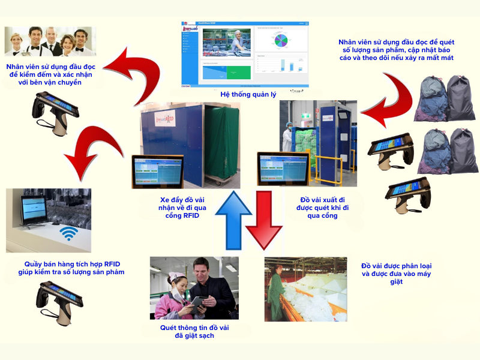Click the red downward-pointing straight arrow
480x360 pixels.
pyautogui.click(x=264, y=220)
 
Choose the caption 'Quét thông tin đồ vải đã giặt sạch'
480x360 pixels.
pyautogui.click(x=194, y=332)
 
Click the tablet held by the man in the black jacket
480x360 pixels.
pyautogui.click(x=199, y=302)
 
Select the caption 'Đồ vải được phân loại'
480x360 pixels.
pyautogui.click(x=397, y=274)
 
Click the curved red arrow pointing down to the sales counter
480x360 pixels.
pyautogui.click(x=87, y=147)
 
